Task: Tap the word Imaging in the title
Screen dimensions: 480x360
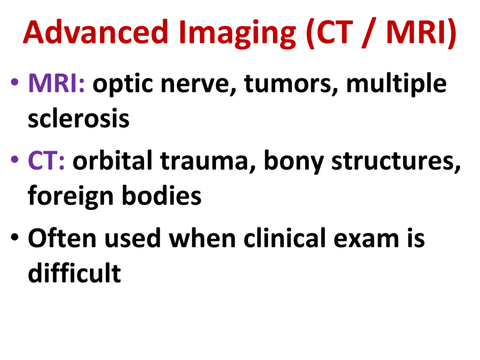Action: (238, 34)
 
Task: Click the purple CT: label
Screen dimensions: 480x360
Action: (46, 160)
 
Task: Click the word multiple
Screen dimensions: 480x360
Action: (396, 84)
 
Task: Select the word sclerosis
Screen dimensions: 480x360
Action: (79, 118)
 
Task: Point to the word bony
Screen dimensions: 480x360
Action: (293, 161)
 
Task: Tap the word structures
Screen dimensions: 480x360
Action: (396, 161)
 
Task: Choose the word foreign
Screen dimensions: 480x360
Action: (71, 196)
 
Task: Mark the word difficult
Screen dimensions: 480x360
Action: (75, 272)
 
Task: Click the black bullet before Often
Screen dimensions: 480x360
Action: (15, 237)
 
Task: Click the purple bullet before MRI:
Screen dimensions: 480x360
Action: (15, 82)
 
